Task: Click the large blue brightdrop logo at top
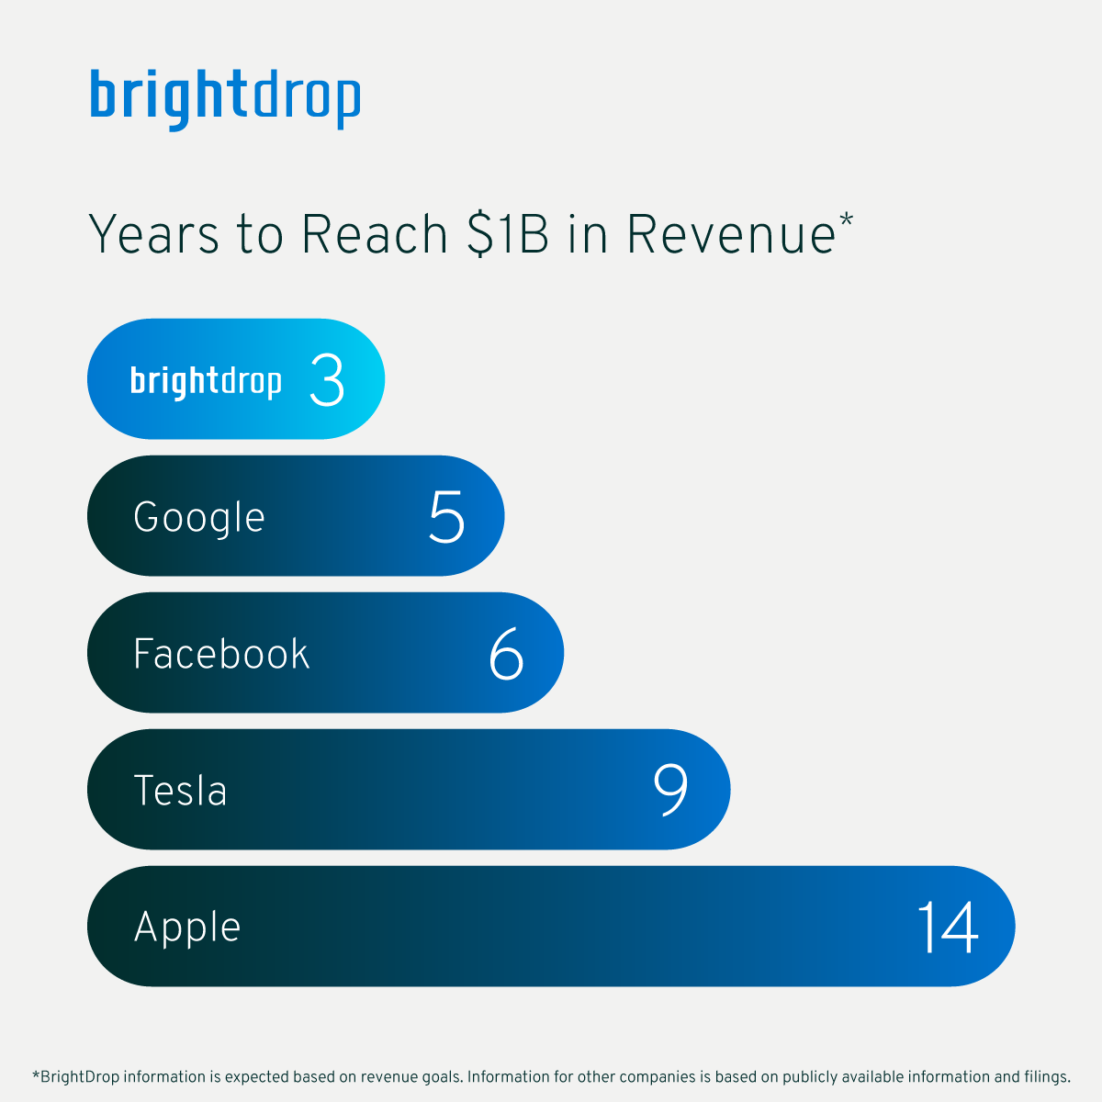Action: point(225,99)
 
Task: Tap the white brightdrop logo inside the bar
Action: point(206,381)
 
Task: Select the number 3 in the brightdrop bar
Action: point(327,379)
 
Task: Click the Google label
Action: point(199,518)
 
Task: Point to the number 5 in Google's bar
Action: point(446,516)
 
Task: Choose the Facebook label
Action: point(221,654)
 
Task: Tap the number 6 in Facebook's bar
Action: point(506,653)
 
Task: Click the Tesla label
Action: point(180,791)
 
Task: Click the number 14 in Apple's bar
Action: point(948,927)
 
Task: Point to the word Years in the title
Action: point(154,234)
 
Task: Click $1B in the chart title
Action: point(508,234)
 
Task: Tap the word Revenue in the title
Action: point(731,234)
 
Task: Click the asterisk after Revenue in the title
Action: point(847,219)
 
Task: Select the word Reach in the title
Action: point(374,234)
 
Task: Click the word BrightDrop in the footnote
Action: point(80,1077)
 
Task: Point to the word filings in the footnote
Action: point(1048,1077)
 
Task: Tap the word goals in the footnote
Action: point(442,1077)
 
